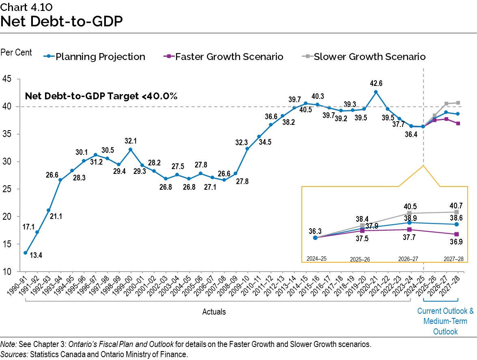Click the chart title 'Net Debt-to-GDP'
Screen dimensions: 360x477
coord(62,21)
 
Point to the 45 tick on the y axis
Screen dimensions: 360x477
coord(8,79)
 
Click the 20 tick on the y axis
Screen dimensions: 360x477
coord(8,216)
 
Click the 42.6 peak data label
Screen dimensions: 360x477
coord(376,84)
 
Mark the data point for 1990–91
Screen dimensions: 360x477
coord(26,253)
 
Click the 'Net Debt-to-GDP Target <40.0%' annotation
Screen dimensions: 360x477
coord(101,96)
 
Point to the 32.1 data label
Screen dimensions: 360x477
coord(131,141)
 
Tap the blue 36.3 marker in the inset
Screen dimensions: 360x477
coord(315,238)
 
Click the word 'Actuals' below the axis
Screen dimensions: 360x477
coord(214,312)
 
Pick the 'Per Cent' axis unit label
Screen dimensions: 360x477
coord(16,53)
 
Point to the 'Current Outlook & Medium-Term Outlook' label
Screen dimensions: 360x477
coord(445,321)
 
